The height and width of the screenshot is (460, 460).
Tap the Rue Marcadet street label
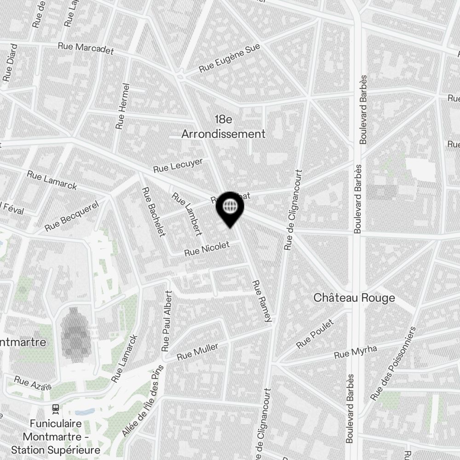(86, 49)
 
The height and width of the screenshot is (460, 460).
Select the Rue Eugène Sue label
(230, 58)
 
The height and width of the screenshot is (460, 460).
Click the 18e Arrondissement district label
(224, 127)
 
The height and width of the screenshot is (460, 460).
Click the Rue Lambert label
(187, 213)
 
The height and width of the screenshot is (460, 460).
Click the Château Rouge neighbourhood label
(354, 298)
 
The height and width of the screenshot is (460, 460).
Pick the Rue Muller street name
(198, 351)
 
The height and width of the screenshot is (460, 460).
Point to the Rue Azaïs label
(33, 383)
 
